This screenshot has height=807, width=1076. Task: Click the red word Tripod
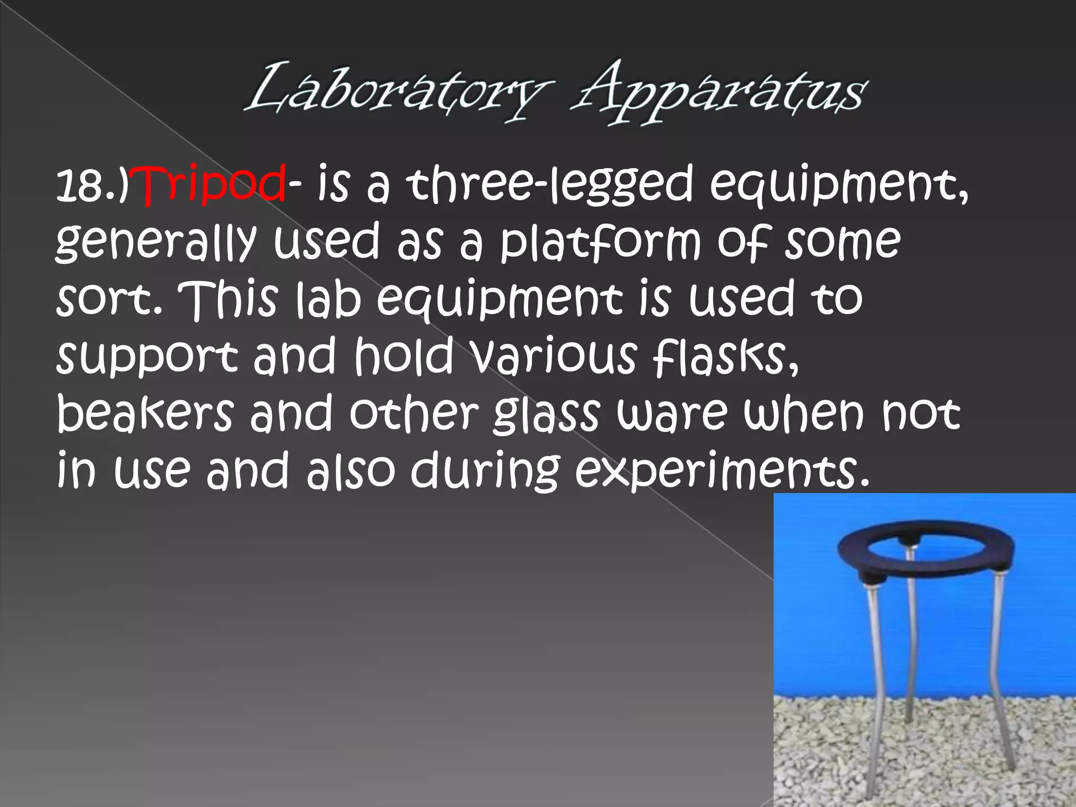(213, 185)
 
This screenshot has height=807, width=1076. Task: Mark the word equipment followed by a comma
(838, 187)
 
